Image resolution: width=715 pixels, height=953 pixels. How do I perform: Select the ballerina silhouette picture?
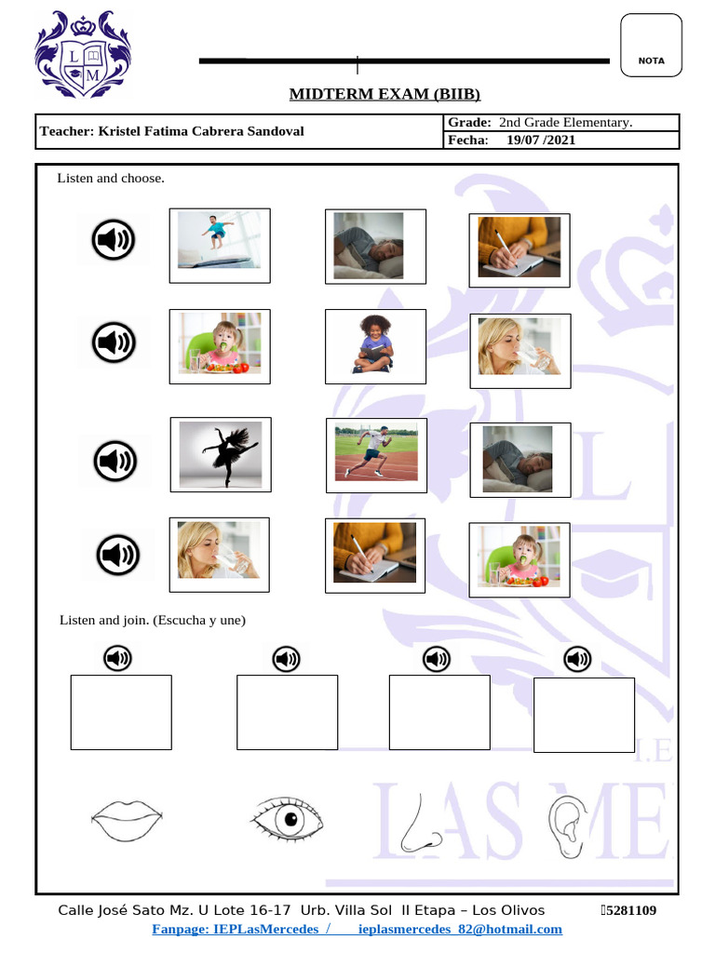coord(221,455)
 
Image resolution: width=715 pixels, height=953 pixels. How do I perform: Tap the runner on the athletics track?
coord(375,453)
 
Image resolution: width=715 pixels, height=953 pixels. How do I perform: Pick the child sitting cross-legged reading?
coord(375,345)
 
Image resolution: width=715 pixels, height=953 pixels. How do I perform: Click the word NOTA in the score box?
coord(652,60)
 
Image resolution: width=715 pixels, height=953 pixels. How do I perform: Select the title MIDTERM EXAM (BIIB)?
coord(384,94)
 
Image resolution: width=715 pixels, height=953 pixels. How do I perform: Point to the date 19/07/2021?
coord(541,141)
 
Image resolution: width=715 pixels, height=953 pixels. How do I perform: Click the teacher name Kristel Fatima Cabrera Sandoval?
coord(171,131)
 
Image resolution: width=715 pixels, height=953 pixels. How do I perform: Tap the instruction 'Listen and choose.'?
coord(111,178)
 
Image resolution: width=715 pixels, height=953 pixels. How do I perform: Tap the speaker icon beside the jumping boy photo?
coord(114,242)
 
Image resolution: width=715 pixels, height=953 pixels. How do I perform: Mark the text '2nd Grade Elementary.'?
coord(565,122)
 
